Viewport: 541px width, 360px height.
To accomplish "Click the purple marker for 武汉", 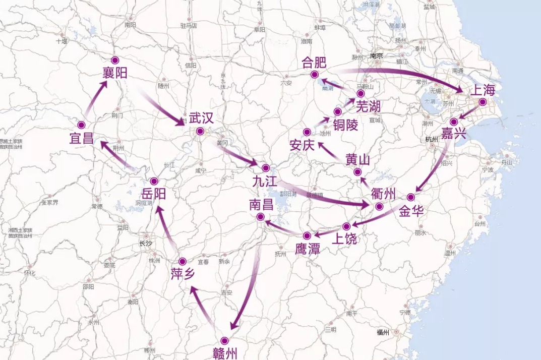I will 200,132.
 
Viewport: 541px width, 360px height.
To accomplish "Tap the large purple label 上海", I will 483,91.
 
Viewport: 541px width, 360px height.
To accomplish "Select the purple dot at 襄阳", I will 114,59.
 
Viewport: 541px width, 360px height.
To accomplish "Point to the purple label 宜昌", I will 82,138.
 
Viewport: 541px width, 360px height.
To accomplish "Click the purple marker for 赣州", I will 224,341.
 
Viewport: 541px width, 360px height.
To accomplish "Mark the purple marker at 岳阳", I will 154,181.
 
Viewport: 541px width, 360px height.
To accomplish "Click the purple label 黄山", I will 357,160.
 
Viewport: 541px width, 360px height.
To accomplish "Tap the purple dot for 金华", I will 411,197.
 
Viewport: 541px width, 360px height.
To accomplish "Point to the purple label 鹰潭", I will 307,249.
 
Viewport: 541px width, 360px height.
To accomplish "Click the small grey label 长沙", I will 145,244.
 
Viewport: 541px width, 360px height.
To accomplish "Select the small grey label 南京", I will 377,56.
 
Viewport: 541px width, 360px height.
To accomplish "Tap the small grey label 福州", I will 383,332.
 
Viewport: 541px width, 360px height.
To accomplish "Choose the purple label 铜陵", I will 345,125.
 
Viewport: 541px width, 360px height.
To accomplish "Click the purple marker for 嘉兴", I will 453,122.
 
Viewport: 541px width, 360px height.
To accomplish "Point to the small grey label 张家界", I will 49,202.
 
